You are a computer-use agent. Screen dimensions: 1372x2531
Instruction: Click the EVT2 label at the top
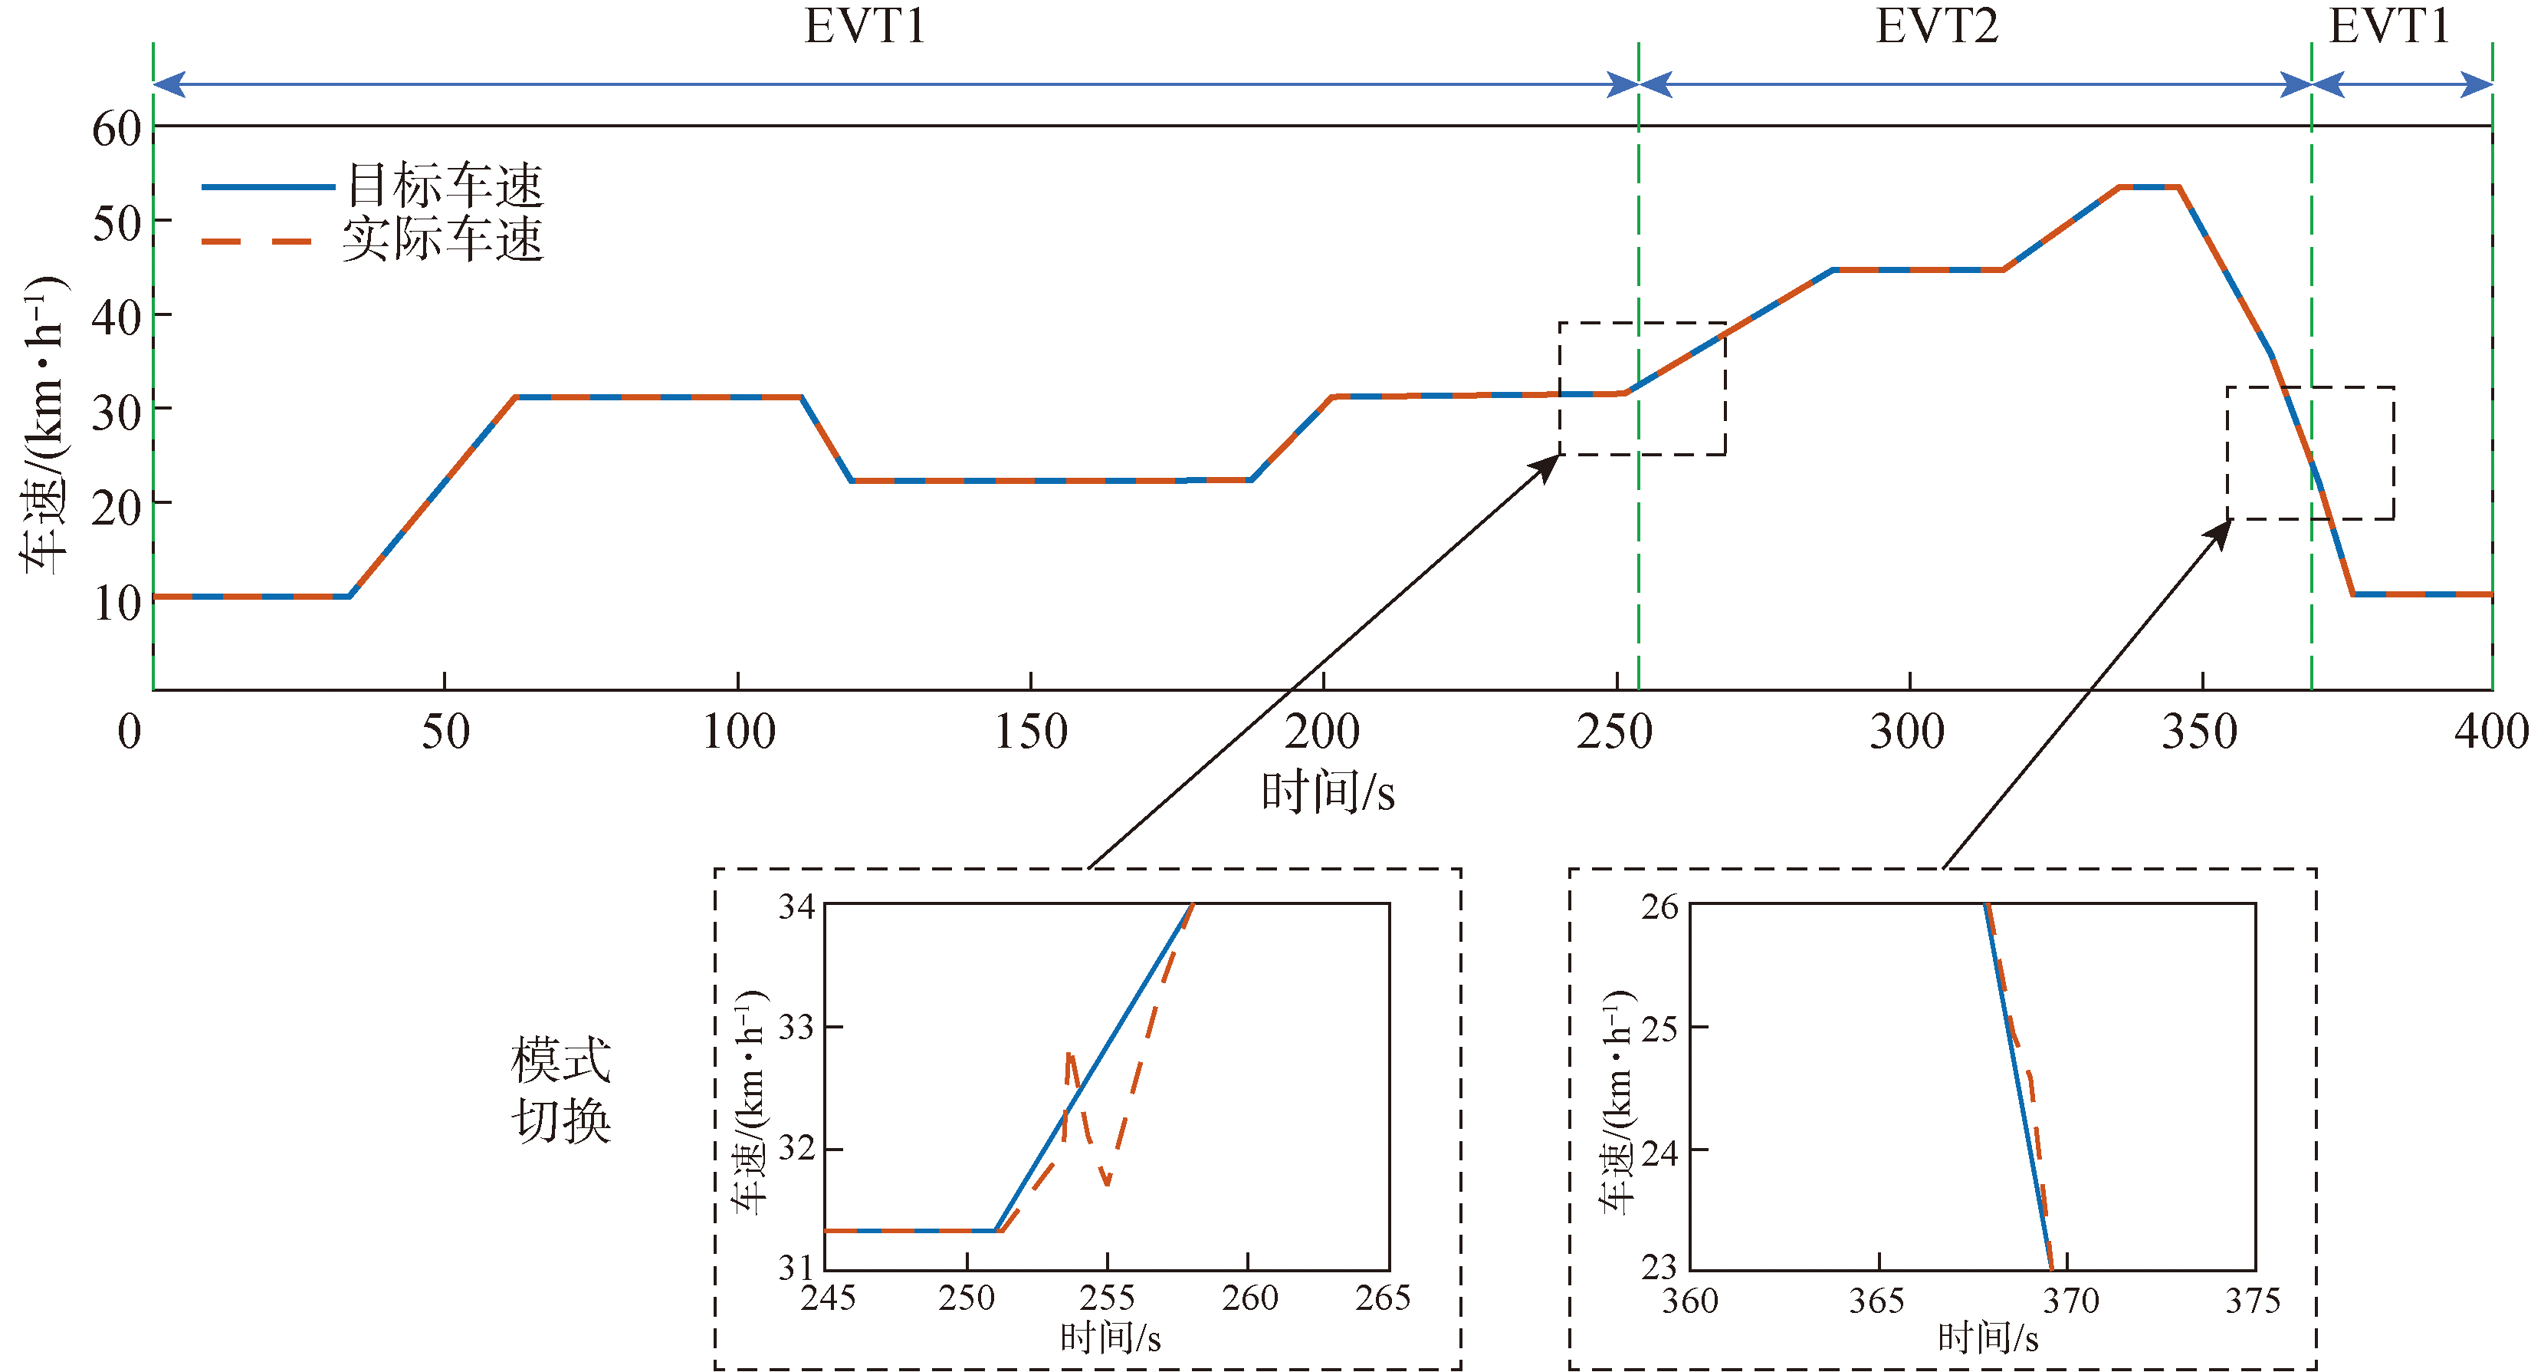(x=1935, y=27)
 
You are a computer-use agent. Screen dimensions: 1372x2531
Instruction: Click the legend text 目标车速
(x=444, y=185)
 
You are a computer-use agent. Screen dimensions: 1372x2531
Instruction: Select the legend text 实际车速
(x=442, y=240)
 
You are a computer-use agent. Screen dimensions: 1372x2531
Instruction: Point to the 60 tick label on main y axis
(x=117, y=129)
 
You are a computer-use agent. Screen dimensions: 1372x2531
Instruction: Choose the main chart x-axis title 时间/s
(x=1328, y=792)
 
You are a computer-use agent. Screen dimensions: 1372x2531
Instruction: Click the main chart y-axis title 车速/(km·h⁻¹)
(x=44, y=425)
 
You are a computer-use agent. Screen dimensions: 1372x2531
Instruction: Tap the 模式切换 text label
(x=561, y=1090)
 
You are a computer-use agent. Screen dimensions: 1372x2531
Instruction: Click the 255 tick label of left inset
(x=1108, y=1298)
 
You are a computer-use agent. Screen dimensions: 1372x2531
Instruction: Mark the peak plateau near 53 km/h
(x=2149, y=186)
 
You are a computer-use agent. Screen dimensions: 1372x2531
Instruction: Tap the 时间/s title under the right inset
(x=1988, y=1338)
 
